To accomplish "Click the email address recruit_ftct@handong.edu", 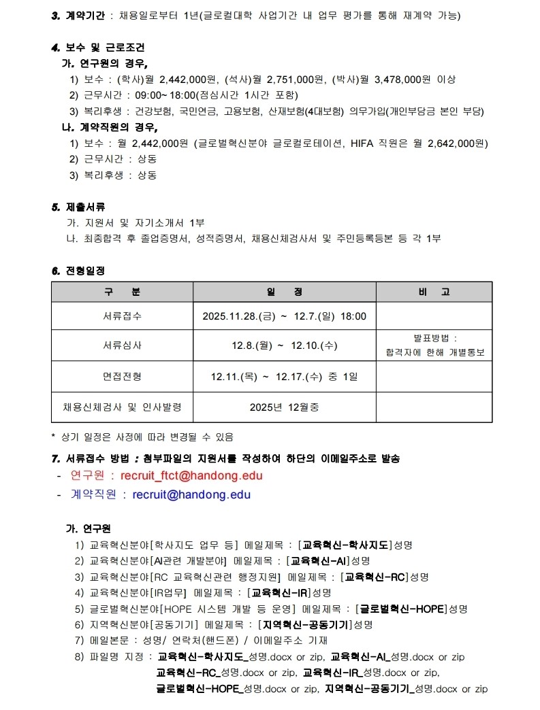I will (x=191, y=475).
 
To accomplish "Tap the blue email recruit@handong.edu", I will (x=191, y=494).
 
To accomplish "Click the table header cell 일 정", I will (x=284, y=292).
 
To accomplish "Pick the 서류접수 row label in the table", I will (x=123, y=316).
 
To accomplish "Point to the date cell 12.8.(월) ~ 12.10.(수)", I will (x=284, y=345).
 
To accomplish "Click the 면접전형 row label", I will (x=123, y=376).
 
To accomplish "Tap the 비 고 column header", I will (x=434, y=292).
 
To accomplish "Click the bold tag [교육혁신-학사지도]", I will (x=345, y=545).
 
